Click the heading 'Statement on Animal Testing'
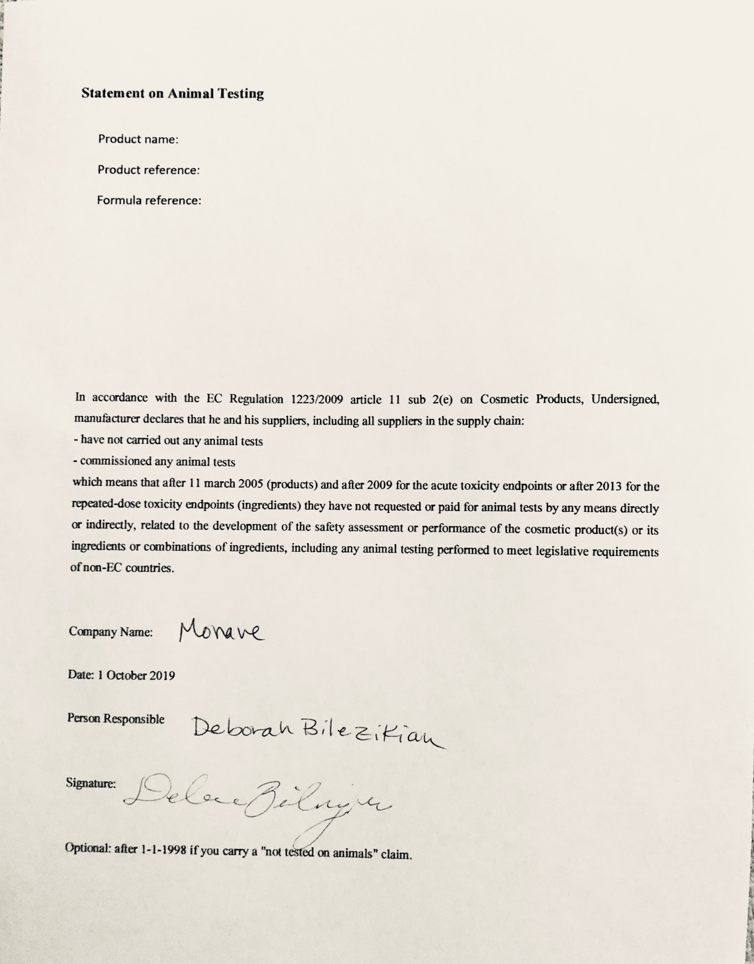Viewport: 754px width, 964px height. point(172,93)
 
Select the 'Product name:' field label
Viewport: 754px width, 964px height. point(138,139)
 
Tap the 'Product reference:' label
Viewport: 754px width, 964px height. point(149,170)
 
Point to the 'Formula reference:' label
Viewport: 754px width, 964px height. point(149,201)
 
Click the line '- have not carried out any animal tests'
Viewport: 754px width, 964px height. point(168,441)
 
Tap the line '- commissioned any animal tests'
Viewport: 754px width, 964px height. point(155,462)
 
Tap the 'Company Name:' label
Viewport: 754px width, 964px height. point(111,632)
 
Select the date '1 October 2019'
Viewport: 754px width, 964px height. point(136,676)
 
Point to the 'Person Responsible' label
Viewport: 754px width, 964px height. point(116,719)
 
